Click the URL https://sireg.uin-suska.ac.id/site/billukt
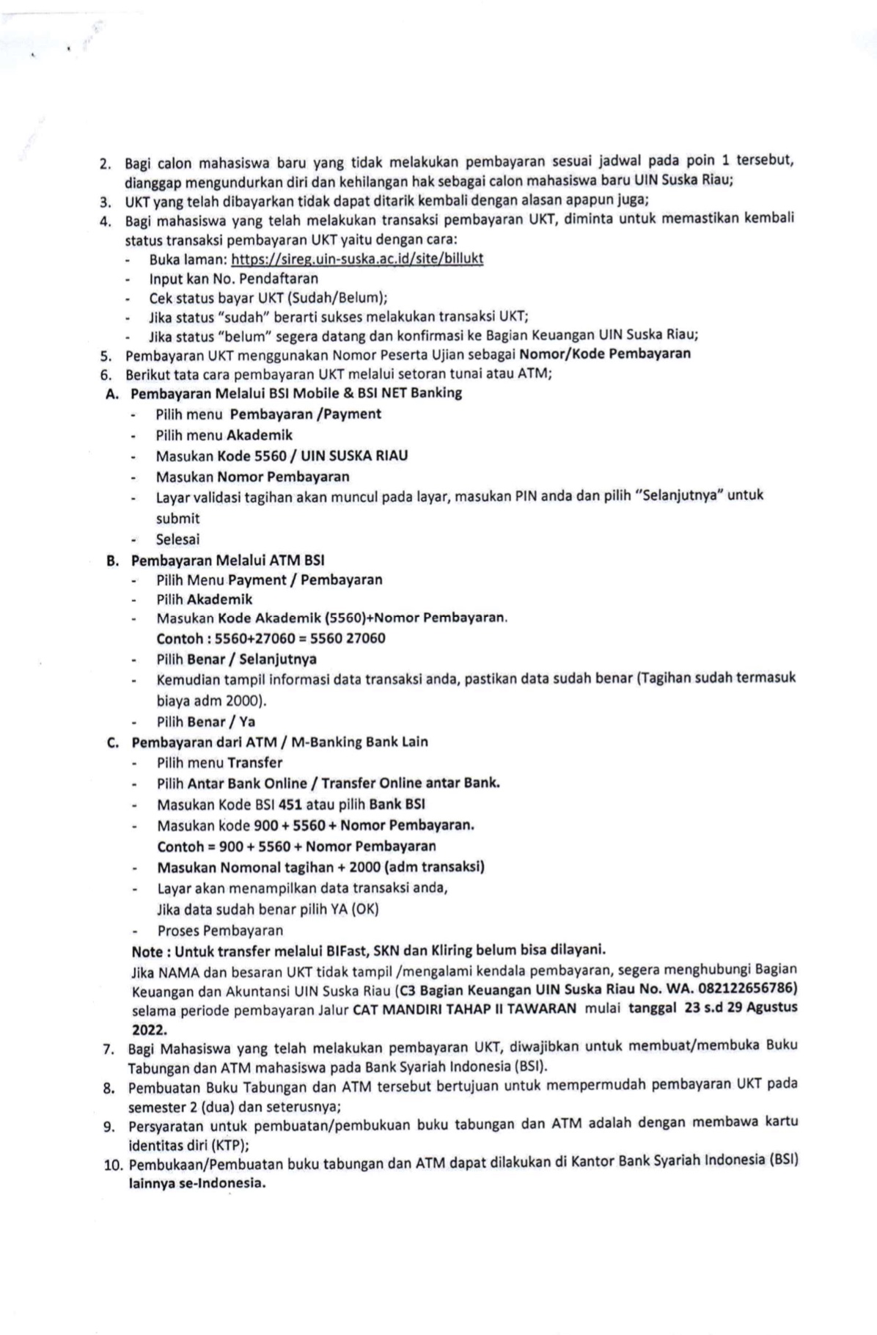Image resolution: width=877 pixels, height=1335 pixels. [357, 259]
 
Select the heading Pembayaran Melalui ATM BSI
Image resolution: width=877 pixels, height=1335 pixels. [227, 560]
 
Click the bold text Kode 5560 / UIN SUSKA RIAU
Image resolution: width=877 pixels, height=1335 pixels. [313, 456]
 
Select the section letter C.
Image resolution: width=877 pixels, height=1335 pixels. [112, 742]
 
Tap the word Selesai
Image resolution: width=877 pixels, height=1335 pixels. [177, 539]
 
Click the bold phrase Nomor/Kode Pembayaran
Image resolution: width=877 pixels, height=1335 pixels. [605, 354]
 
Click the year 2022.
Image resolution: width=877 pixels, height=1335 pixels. [149, 1028]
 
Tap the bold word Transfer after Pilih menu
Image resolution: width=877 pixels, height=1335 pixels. [254, 763]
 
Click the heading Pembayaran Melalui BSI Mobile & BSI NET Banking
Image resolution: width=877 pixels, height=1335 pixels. [296, 393]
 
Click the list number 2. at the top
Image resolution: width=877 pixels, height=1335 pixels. [105, 163]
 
